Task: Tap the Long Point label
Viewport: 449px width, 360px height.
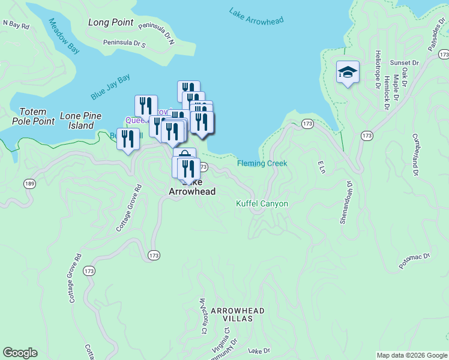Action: click(x=110, y=23)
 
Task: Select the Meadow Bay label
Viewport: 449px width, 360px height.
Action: click(x=64, y=36)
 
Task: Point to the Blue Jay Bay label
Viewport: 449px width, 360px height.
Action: click(x=110, y=87)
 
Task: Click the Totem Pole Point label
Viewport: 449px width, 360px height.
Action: click(x=33, y=116)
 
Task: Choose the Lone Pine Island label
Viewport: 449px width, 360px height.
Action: click(x=81, y=121)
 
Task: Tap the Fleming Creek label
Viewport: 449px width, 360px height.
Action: click(x=262, y=163)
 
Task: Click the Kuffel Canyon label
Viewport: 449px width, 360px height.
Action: click(x=262, y=204)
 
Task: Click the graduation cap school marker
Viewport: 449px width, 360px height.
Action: click(x=348, y=73)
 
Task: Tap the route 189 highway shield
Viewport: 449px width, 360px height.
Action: click(x=29, y=183)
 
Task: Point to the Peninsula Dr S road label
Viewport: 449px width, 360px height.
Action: click(x=124, y=43)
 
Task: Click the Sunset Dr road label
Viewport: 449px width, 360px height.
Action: click(x=403, y=62)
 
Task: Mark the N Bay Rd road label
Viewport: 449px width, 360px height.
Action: click(x=16, y=25)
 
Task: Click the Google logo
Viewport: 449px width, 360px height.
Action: click(x=20, y=353)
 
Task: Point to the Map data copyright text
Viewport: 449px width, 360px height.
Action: click(x=411, y=355)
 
